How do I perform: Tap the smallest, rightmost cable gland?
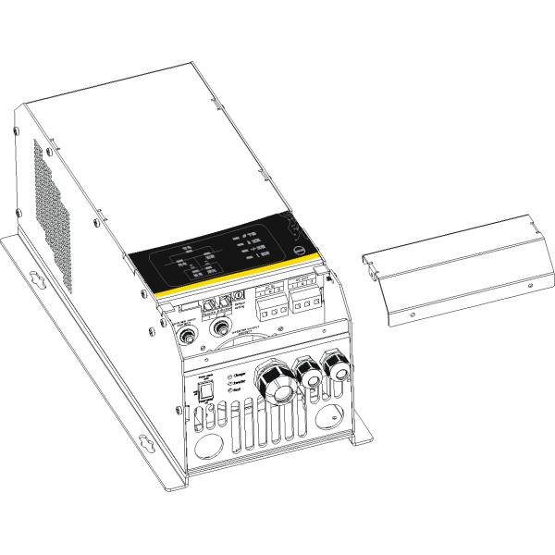coord(338,369)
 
